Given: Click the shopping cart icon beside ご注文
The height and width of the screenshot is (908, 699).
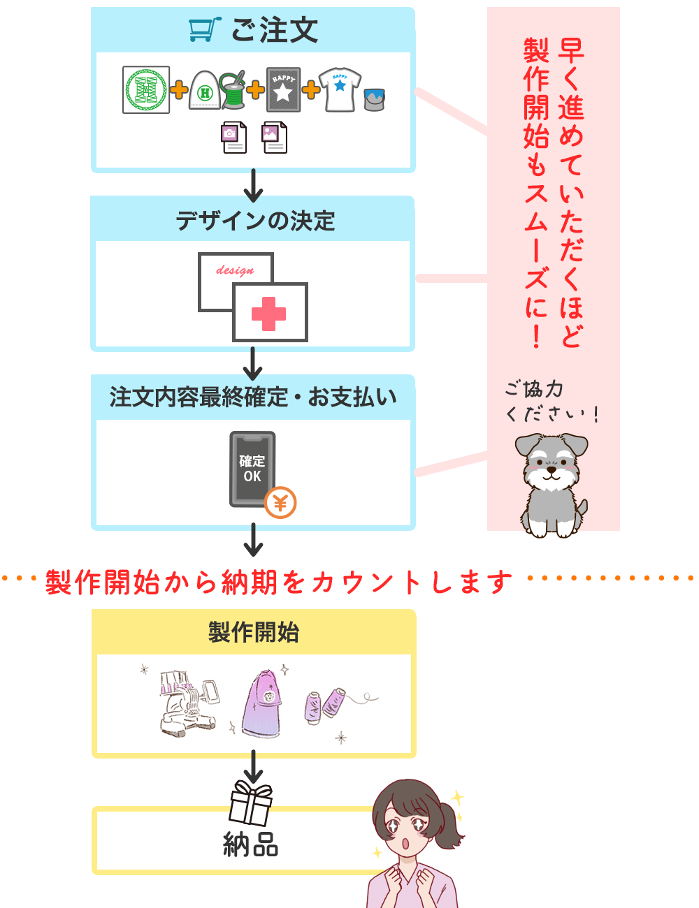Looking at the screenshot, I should point(204,29).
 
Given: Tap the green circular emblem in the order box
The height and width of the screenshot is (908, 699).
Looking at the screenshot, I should point(146,90).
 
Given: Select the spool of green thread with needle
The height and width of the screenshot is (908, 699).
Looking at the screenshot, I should point(233,91).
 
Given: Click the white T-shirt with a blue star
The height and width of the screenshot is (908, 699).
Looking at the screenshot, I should point(340,90).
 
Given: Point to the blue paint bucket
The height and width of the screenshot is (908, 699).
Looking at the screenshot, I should point(375,99).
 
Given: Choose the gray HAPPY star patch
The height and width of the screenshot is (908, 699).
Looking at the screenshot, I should point(283,90).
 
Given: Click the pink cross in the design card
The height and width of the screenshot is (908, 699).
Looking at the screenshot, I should point(269,314).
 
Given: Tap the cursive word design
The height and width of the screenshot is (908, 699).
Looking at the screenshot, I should point(235,270).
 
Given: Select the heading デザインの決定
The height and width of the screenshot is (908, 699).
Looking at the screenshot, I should point(255,221).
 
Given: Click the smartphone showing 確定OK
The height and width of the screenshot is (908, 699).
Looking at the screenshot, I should point(252,468).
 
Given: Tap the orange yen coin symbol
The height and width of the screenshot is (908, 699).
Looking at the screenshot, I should point(280,502).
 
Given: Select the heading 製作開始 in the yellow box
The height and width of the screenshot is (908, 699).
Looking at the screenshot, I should point(254,632).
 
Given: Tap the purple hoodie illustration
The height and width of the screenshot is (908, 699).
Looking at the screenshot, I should point(261,703).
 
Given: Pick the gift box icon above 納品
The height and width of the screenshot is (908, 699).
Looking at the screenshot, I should point(251,803).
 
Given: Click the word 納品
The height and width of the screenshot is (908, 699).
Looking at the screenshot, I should point(251,845).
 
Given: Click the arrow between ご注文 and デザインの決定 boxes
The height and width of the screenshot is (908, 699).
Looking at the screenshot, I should point(253,186).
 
